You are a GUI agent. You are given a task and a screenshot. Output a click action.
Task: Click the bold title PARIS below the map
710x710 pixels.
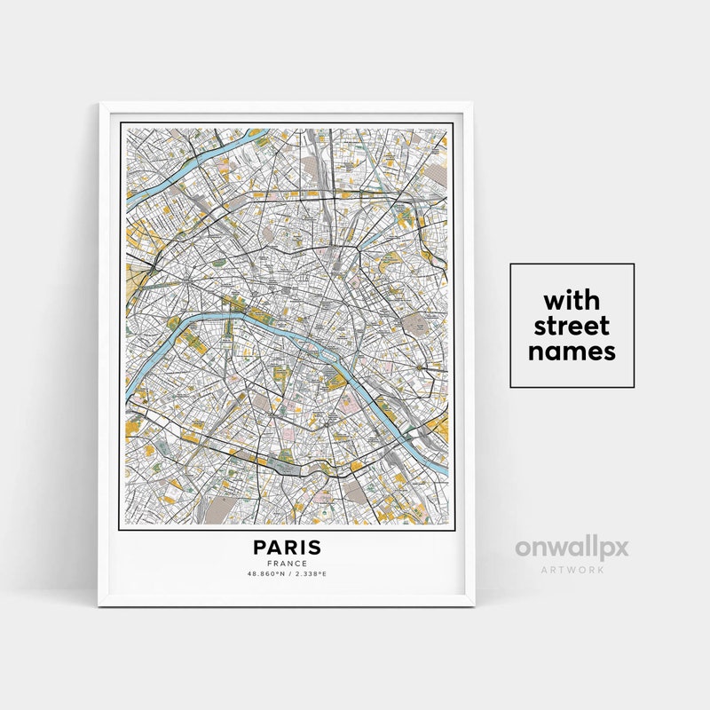pyautogui.click(x=287, y=548)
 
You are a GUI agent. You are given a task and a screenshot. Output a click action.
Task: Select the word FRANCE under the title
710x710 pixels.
pyautogui.click(x=287, y=564)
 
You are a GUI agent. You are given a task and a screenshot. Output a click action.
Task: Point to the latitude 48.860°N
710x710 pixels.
pyautogui.click(x=267, y=574)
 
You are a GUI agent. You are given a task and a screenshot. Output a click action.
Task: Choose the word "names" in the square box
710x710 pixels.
pyautogui.click(x=572, y=351)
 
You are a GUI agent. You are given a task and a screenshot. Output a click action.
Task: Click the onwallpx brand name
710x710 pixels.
pyautogui.click(x=572, y=548)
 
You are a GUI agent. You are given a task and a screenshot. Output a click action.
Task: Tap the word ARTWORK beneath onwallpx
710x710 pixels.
pyautogui.click(x=572, y=569)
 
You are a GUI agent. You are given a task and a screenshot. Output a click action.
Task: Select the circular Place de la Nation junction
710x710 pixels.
pyautogui.click(x=416, y=365)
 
